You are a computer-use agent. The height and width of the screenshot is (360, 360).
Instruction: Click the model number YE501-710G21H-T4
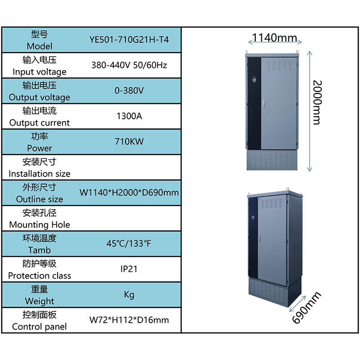click(x=129, y=40)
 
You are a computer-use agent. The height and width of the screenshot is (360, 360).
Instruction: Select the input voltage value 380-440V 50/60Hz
click(x=129, y=65)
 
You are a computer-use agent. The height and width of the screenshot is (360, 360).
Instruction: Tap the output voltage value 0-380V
click(x=129, y=91)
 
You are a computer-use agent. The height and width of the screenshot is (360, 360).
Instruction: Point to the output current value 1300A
click(x=129, y=116)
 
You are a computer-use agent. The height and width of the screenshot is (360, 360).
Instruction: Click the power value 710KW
click(x=129, y=142)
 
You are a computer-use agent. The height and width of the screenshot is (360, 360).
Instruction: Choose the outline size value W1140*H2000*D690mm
click(x=129, y=193)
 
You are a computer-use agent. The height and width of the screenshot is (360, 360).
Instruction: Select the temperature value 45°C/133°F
click(x=129, y=243)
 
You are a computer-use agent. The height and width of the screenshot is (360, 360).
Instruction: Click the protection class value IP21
click(x=129, y=269)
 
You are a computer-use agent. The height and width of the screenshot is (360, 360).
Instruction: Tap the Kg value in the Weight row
click(x=129, y=295)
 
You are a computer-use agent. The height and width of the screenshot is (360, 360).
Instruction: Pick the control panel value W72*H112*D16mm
click(x=129, y=320)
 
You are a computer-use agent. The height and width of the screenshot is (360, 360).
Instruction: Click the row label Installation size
click(x=40, y=174)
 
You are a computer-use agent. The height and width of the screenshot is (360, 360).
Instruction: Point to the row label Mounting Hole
click(x=40, y=225)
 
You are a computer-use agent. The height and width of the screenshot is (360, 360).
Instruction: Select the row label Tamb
click(x=40, y=250)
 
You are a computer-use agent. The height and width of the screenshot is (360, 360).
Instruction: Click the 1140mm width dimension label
click(x=274, y=38)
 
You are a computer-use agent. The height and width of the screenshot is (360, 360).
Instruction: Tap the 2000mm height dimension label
click(x=318, y=103)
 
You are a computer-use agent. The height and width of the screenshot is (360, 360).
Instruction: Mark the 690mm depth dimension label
click(x=306, y=308)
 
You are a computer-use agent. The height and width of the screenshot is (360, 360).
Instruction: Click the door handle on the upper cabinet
click(x=264, y=104)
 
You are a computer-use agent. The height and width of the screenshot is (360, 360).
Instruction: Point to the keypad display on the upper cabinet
click(x=254, y=79)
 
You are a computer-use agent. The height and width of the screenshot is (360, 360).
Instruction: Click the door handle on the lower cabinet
click(x=260, y=238)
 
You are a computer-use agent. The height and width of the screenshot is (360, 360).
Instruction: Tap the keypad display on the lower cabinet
click(x=253, y=216)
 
